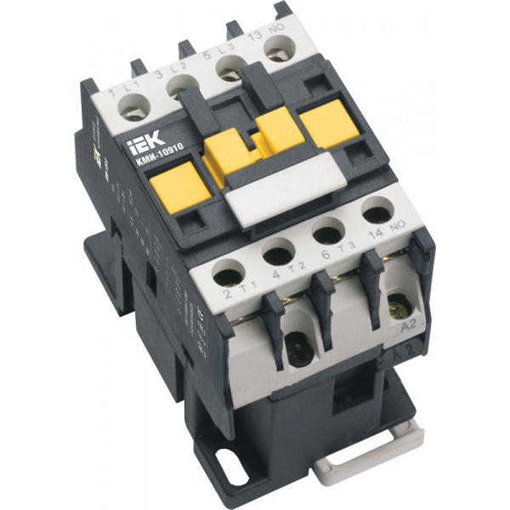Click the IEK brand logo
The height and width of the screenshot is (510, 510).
click(139, 137)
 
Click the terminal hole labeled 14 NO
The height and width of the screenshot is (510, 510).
click(373, 211)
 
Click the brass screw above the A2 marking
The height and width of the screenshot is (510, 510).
click(396, 301)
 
